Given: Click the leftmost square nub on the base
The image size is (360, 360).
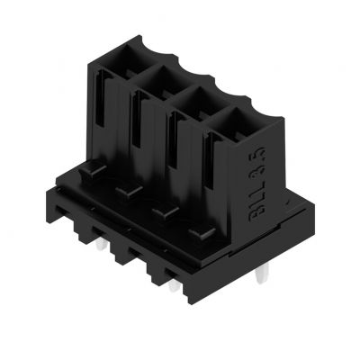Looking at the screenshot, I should tap(86, 170).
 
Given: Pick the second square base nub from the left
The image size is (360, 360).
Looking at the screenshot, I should tap(124, 191).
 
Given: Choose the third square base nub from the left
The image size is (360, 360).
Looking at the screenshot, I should tap(162, 212).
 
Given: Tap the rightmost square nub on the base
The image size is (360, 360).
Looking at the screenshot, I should tap(200, 235).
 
